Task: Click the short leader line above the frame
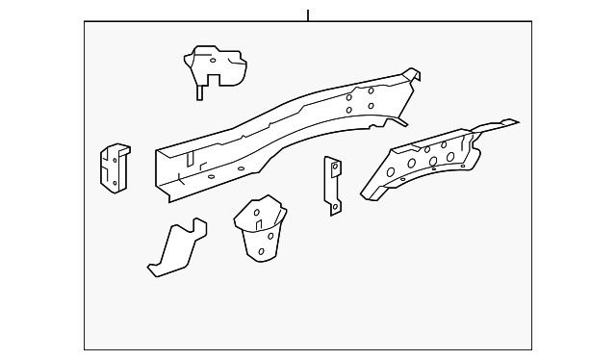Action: click(308, 15)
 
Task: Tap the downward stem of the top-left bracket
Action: click(199, 91)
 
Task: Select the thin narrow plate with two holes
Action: click(333, 185)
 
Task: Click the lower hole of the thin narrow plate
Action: click(333, 200)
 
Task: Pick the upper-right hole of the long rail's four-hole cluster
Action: click(372, 91)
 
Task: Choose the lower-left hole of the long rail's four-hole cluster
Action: click(351, 110)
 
